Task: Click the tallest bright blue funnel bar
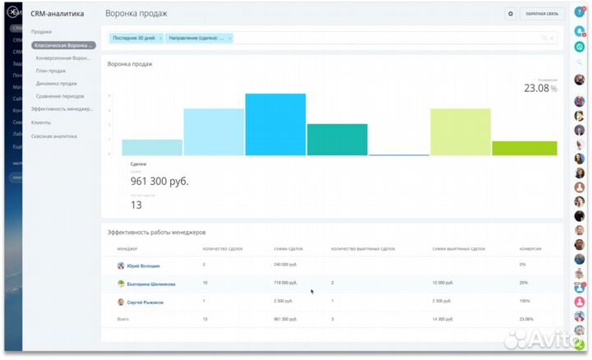coord(275,124)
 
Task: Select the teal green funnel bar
coord(337,139)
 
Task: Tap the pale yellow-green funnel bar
coord(460,132)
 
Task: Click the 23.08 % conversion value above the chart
coord(540,88)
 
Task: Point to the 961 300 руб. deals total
coord(160,181)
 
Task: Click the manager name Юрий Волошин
coord(144,265)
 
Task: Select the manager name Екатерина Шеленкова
coord(150,284)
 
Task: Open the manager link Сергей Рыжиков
coord(145,302)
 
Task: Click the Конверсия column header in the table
coord(530,248)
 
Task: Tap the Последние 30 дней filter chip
coord(135,38)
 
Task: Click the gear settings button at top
coord(511,14)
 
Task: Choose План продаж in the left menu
coord(51,71)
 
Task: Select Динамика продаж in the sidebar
coord(57,83)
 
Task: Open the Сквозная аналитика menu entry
coord(54,136)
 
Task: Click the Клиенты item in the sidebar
coord(41,122)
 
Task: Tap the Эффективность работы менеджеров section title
coord(160,233)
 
